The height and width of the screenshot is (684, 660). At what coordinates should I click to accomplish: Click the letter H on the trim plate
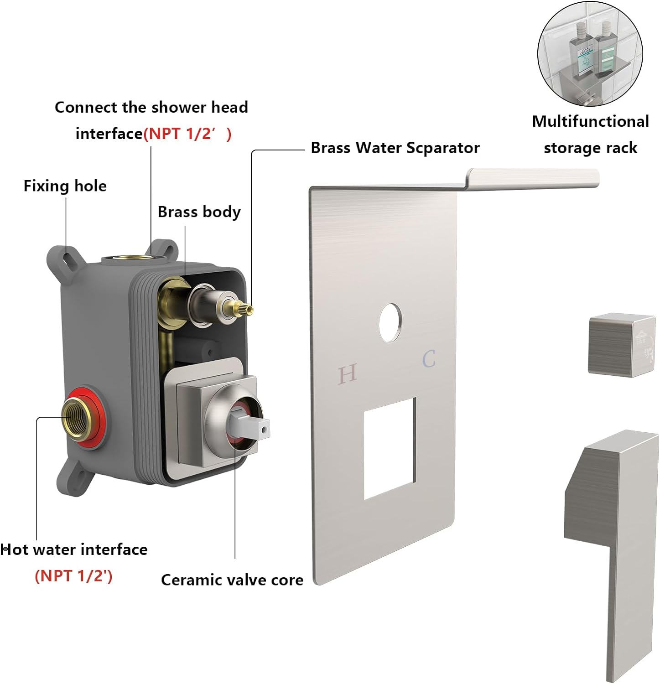click(347, 374)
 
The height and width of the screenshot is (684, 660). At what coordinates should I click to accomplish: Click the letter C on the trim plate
click(429, 359)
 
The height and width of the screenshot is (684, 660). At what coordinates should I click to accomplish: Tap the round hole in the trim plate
click(390, 322)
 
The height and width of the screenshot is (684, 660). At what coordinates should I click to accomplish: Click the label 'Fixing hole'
click(65, 186)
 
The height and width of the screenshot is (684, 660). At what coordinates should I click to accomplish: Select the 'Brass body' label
click(199, 212)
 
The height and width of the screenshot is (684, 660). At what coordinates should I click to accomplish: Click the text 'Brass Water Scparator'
click(395, 148)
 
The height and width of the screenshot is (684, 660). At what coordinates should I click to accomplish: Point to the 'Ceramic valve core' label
click(232, 580)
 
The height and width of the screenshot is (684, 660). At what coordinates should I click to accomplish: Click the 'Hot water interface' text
click(74, 549)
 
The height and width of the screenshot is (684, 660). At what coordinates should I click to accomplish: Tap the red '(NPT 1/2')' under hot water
click(73, 576)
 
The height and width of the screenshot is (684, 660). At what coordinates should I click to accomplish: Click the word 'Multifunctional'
click(590, 121)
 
